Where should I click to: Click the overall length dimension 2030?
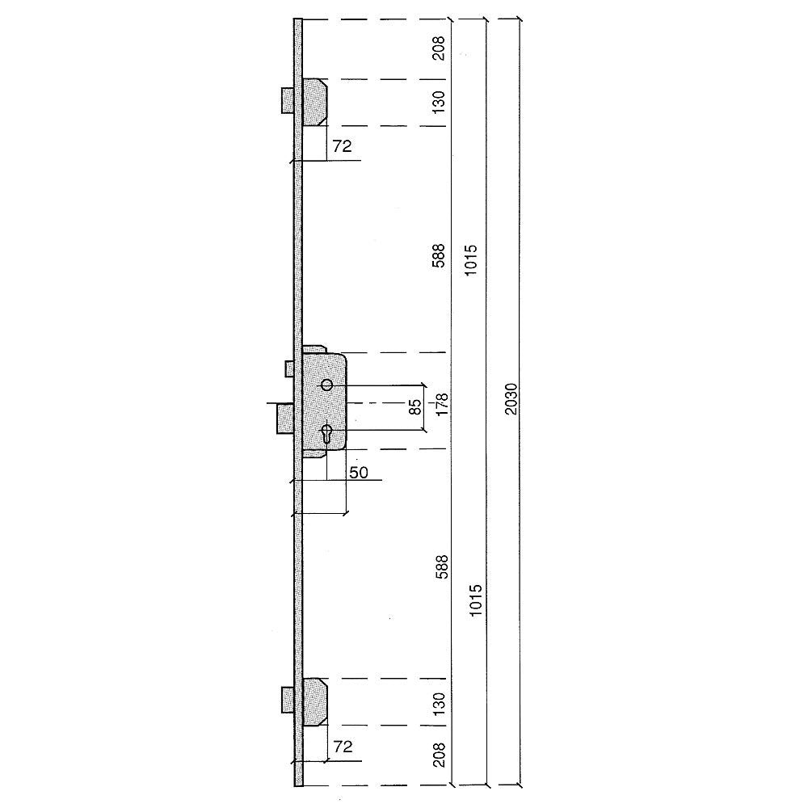[x=511, y=399]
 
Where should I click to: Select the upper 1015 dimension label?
[x=471, y=259]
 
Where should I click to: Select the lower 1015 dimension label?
[x=475, y=600]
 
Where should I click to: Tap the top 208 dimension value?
[x=438, y=48]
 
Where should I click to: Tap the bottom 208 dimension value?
[x=439, y=755]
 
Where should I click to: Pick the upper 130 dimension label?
[x=438, y=102]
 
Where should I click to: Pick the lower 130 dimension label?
[x=439, y=704]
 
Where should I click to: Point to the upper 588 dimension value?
[x=438, y=255]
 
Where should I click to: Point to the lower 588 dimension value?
[x=442, y=567]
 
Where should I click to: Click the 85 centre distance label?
[x=415, y=406]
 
